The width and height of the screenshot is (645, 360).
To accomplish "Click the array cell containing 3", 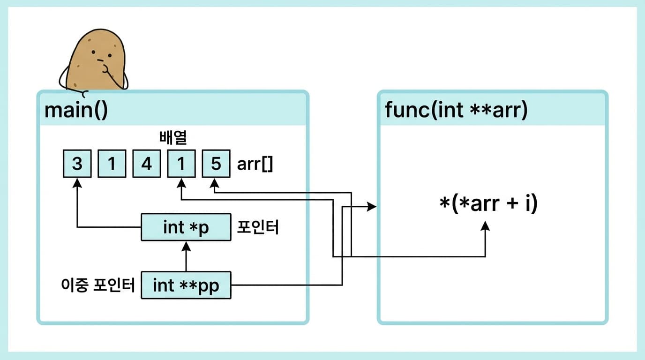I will (77, 164).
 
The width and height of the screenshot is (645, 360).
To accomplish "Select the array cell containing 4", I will (147, 164).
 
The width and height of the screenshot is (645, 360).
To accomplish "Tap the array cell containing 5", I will (216, 164).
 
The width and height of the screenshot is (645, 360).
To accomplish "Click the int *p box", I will (186, 227).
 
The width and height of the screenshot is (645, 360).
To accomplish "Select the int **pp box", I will (186, 285).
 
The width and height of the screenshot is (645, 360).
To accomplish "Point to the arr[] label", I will (255, 165).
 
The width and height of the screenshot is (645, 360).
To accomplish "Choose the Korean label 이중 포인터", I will (98, 285).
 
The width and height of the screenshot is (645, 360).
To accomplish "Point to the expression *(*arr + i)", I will (487, 204).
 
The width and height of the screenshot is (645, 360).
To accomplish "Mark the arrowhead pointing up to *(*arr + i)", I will (485, 226).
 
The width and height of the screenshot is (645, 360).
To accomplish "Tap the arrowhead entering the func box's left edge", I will (372, 206).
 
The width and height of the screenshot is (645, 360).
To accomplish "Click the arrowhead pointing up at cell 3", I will (77, 184).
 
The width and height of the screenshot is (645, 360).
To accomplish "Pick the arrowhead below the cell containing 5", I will (215, 186).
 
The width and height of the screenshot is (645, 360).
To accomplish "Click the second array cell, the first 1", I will (112, 164).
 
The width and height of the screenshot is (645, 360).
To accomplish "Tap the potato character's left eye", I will (94, 52).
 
